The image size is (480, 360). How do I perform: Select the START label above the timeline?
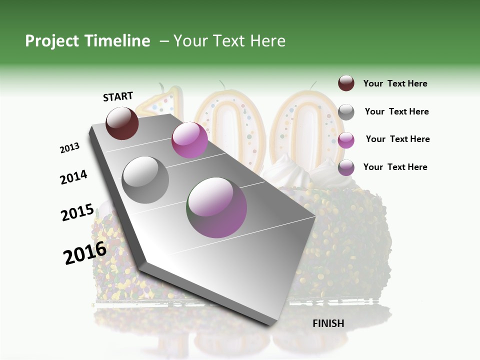[118, 96]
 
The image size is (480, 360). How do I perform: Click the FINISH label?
[328, 323]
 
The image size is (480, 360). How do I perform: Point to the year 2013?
[69, 148]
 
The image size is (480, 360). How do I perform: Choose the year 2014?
[73, 177]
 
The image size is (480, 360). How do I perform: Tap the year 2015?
[77, 212]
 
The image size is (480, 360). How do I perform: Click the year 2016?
[85, 253]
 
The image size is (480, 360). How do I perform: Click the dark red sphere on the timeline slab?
[122, 123]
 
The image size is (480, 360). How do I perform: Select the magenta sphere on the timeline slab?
[189, 140]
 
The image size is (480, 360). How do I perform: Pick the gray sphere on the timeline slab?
[145, 179]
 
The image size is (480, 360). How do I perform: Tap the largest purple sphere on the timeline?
[216, 207]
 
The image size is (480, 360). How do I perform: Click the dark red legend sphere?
[346, 83]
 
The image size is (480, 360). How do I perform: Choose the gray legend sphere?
[346, 112]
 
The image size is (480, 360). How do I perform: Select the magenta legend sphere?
[346, 140]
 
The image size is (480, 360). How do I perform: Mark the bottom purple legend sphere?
[346, 167]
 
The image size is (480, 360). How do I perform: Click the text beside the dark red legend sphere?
[395, 83]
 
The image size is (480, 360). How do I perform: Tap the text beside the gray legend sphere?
[396, 111]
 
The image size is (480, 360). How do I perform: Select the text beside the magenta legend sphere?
[397, 139]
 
